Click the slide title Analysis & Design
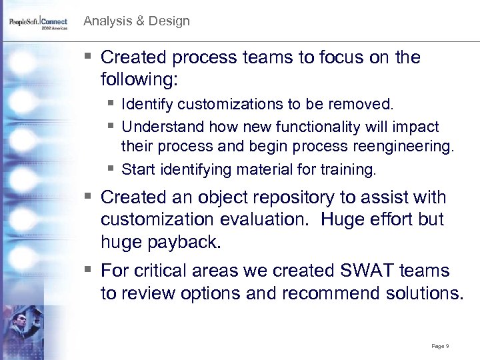click(x=136, y=21)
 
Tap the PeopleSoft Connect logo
click(x=38, y=24)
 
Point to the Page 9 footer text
click(x=440, y=346)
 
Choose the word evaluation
click(x=269, y=220)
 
